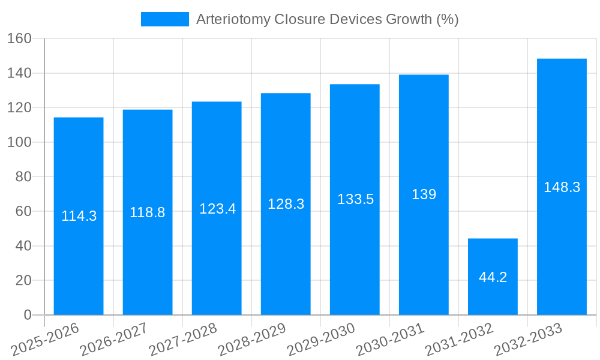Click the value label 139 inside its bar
[424, 194]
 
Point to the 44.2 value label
[493, 277]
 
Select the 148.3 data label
[562, 187]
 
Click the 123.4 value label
[217, 209]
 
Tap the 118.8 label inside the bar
[148, 212]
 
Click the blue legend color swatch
[164, 19]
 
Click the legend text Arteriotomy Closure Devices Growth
[328, 19]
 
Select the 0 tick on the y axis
[27, 315]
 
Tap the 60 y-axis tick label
[22, 211]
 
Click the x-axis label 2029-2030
[322, 340]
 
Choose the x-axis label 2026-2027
[115, 340]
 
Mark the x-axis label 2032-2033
[529, 340]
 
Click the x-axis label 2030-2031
[391, 340]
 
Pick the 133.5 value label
[355, 199]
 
